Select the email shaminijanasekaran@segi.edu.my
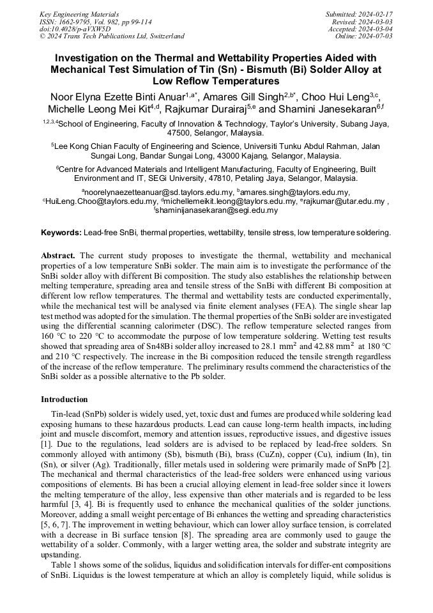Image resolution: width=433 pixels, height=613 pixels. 217,210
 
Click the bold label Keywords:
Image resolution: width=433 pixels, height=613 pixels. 61,233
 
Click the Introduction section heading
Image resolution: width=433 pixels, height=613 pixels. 64,399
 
